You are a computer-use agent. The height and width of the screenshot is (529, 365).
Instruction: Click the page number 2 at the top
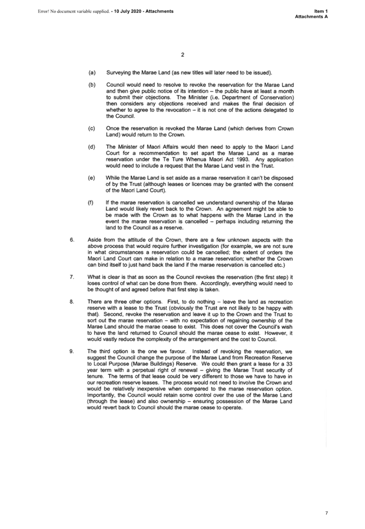(183, 55)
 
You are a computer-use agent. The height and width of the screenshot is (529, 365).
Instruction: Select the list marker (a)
(92, 73)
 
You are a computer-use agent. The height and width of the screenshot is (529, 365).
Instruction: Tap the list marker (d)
(92, 147)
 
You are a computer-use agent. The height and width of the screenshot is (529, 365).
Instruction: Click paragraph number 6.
(72, 240)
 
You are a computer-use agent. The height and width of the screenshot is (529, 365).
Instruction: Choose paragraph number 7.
(72, 277)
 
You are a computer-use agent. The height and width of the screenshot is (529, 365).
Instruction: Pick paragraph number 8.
(72, 302)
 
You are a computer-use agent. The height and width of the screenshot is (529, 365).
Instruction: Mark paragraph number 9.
(72, 351)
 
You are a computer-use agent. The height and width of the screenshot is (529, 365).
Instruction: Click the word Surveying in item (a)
(120, 73)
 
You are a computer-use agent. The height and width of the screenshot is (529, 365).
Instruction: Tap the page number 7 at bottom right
(327, 513)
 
